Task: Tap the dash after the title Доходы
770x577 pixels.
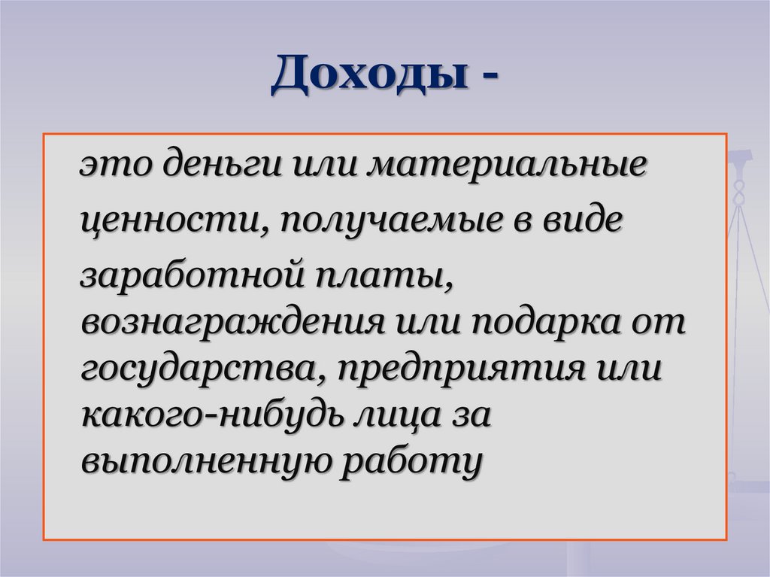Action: click(487, 79)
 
